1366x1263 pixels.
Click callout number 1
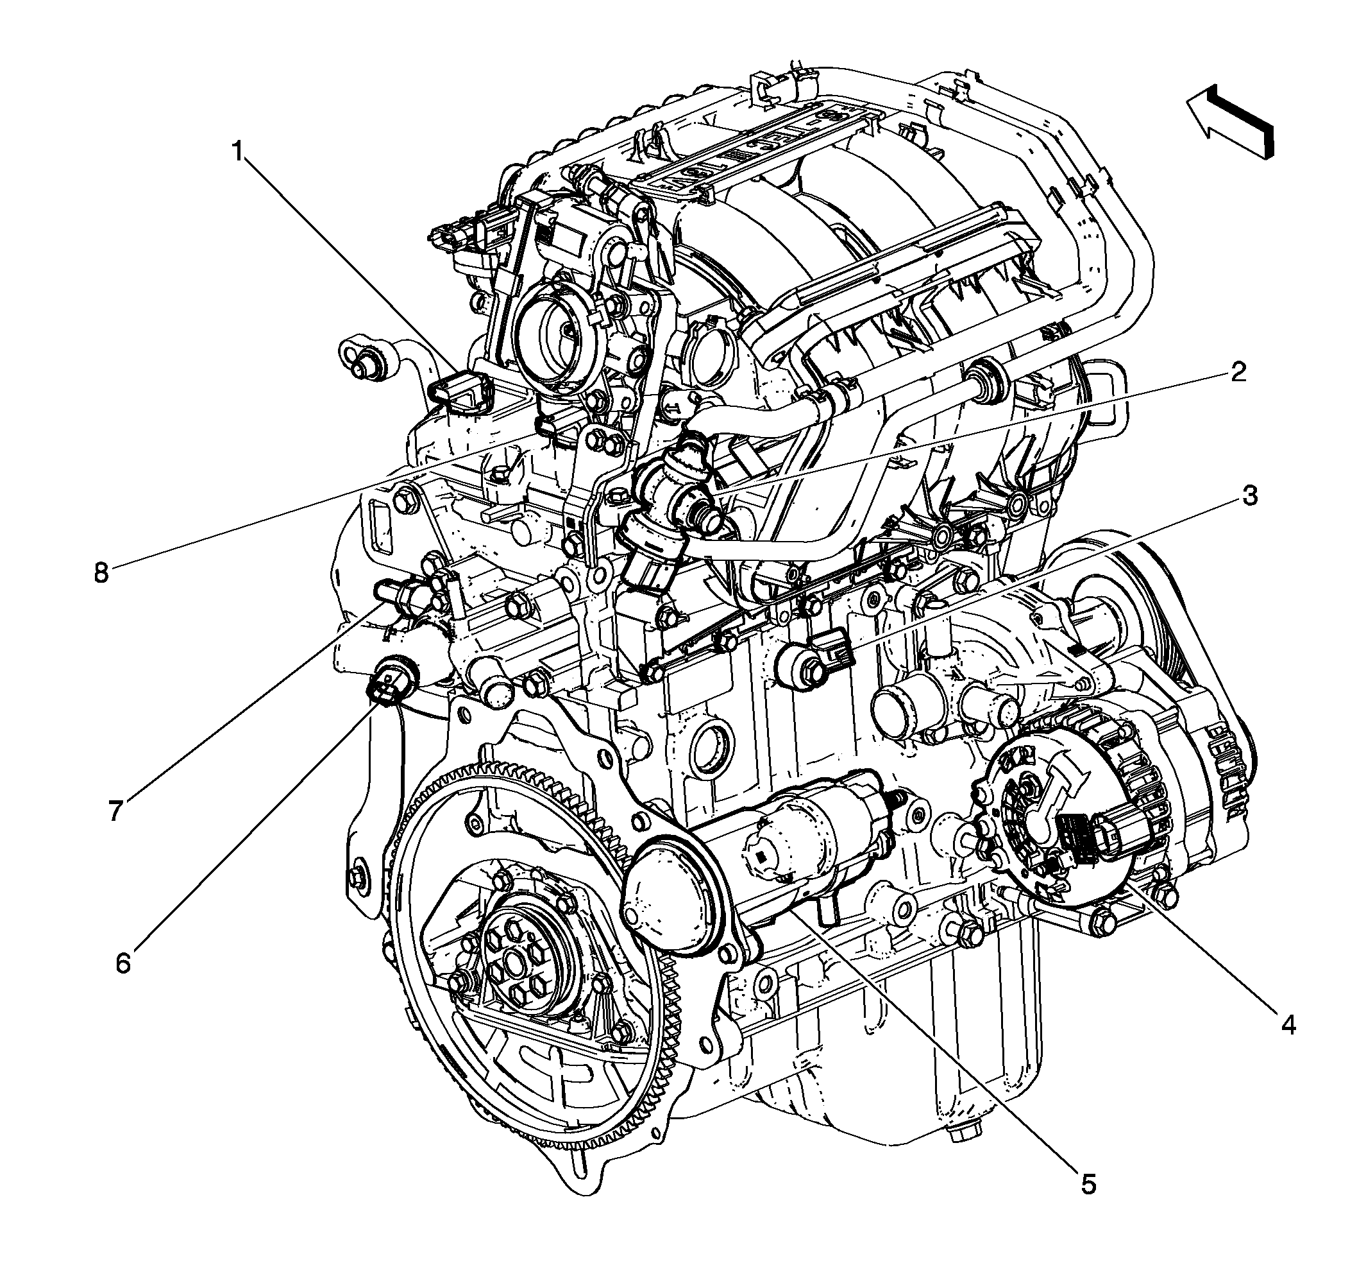[x=239, y=151]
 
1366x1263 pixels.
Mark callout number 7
[x=115, y=811]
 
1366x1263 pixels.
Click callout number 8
[x=101, y=573]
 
